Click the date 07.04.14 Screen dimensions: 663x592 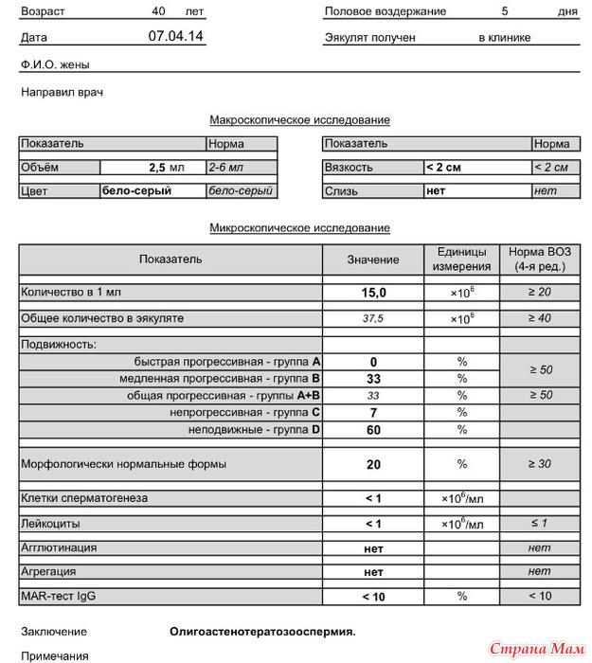[x=175, y=36]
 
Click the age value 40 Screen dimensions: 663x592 [x=158, y=11]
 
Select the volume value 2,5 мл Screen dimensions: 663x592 [x=166, y=167]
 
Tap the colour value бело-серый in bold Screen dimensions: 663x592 [x=136, y=190]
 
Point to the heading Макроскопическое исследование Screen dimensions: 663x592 [x=299, y=120]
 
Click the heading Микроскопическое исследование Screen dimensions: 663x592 [x=299, y=228]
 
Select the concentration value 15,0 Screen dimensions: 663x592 [x=373, y=294]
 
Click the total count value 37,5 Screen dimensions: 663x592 [x=373, y=318]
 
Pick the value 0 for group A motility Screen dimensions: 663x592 [x=373, y=362]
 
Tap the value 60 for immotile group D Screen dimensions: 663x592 [x=373, y=430]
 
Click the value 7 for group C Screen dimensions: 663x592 [x=373, y=413]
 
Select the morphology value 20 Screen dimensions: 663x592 [x=373, y=465]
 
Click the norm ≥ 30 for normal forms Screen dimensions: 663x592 [x=539, y=465]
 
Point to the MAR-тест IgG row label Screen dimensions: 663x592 [x=58, y=597]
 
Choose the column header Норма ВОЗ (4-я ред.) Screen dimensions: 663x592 [x=539, y=260]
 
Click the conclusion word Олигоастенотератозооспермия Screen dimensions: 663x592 [x=262, y=631]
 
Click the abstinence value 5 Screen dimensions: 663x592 [x=505, y=11]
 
